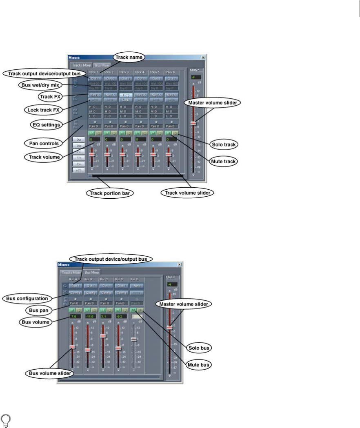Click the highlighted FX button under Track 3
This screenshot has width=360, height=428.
click(x=125, y=95)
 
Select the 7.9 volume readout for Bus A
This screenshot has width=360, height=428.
click(x=74, y=316)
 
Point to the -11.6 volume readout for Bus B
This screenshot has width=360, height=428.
click(x=90, y=316)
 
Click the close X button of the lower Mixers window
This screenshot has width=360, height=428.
click(x=180, y=264)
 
